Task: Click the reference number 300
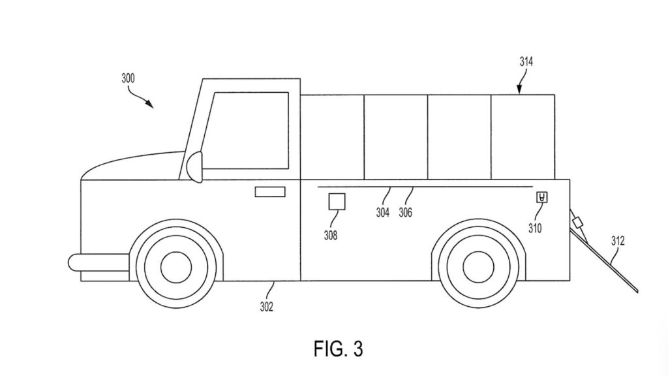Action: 128,78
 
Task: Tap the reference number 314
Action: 526,62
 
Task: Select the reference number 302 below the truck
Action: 267,307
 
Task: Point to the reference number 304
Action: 382,212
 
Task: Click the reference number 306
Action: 406,212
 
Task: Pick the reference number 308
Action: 331,235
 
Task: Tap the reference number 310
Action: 535,228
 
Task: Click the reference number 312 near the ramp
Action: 618,242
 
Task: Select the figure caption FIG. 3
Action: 339,349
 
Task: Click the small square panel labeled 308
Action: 337,202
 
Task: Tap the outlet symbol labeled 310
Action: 542,197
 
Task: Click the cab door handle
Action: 270,192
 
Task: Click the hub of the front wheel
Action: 176,267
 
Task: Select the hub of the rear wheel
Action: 478,267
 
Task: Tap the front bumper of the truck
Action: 99,262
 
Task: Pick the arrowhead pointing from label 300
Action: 149,104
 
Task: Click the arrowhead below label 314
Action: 519,90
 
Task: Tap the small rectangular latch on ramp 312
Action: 578,223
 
